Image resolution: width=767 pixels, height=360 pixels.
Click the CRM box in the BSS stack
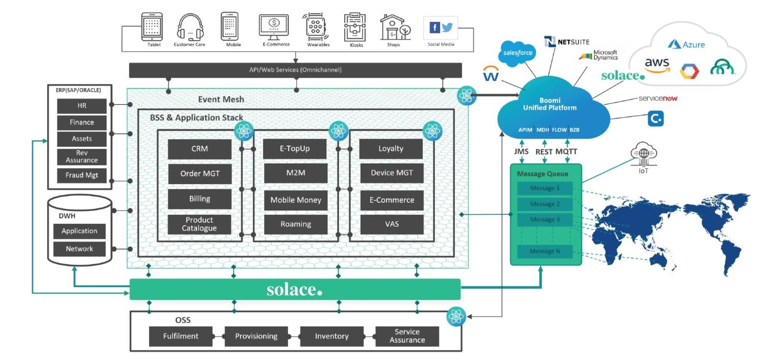click(199, 149)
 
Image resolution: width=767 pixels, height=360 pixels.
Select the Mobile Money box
click(295, 200)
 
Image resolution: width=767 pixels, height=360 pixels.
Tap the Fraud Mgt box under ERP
click(81, 175)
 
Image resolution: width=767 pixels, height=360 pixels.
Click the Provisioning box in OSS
click(256, 336)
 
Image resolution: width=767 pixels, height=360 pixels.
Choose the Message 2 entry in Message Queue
click(545, 204)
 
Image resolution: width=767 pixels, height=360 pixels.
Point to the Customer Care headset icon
click(190, 27)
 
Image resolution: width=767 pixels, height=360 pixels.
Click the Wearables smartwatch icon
click(315, 27)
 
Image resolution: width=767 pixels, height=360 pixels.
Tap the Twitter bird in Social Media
click(447, 27)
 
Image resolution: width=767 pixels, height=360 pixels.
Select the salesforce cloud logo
click(518, 53)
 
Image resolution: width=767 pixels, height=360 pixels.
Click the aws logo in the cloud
click(657, 64)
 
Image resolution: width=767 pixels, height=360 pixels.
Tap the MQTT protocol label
click(566, 151)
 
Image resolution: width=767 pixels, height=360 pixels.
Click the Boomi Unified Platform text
click(549, 104)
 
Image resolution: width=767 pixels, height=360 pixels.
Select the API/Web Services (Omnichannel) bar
click(295, 70)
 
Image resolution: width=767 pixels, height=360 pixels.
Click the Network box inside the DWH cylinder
click(79, 249)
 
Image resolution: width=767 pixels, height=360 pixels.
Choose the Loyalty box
click(391, 149)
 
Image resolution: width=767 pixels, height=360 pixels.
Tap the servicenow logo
click(658, 98)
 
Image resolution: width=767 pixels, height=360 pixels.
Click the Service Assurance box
click(407, 336)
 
